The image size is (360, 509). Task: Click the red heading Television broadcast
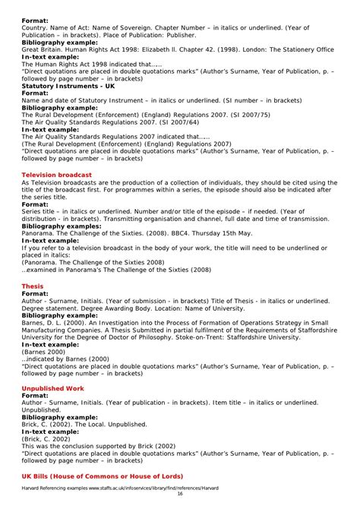pyautogui.click(x=57, y=175)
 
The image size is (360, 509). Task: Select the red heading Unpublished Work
pyautogui.click(x=52, y=389)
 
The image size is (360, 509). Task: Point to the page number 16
pyautogui.click(x=180, y=494)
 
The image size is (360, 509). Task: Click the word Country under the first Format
pyautogui.click(x=36, y=28)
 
